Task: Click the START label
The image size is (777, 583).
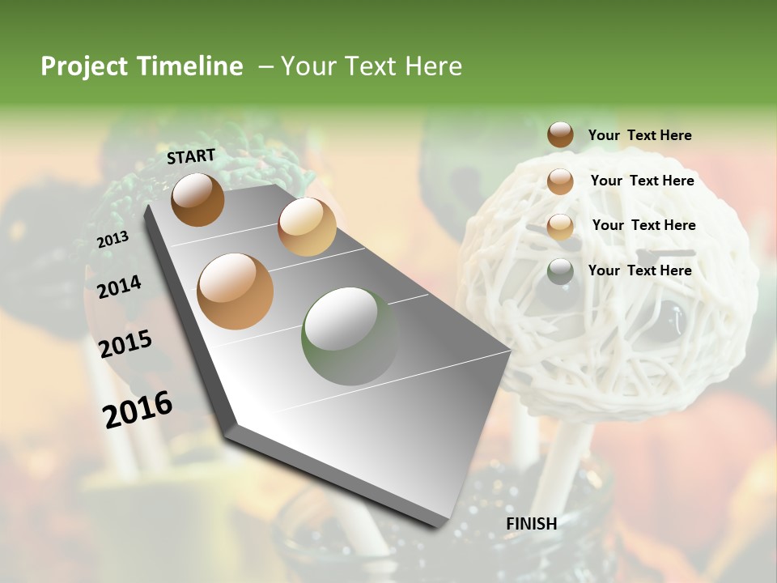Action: click(191, 156)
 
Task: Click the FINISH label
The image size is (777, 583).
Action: click(531, 524)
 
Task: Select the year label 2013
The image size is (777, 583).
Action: click(113, 240)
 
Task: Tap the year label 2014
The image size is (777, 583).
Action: click(119, 287)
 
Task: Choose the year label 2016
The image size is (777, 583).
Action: click(138, 409)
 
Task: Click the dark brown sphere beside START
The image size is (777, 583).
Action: click(197, 199)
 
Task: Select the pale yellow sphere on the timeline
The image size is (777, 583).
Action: click(307, 226)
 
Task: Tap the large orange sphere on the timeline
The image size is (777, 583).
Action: click(236, 291)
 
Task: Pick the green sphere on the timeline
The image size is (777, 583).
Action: click(350, 335)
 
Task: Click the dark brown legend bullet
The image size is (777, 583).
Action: click(560, 135)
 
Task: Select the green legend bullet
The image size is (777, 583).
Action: click(560, 271)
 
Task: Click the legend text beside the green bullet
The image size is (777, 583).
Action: click(639, 270)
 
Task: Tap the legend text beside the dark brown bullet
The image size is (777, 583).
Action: click(639, 135)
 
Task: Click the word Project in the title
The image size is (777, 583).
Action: click(85, 66)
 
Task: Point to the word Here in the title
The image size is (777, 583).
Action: click(433, 66)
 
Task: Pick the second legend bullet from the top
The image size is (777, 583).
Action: click(560, 181)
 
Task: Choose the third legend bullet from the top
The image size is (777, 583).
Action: click(560, 226)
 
